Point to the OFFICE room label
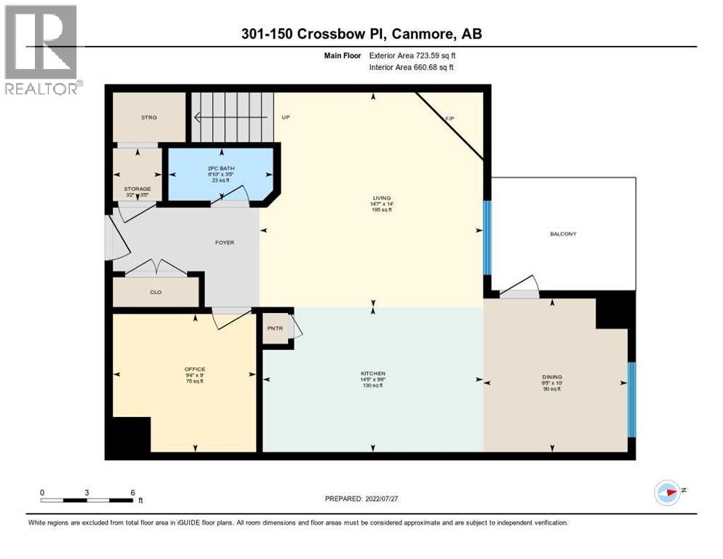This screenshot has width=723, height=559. (x=194, y=369)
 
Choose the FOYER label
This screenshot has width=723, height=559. (x=225, y=242)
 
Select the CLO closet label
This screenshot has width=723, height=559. (x=155, y=292)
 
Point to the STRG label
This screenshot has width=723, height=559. (x=149, y=116)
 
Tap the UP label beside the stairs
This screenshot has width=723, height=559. (x=286, y=116)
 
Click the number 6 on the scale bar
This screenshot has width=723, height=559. (x=132, y=493)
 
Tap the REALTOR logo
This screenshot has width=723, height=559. (x=42, y=49)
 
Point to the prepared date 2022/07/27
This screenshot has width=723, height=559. (x=361, y=499)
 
